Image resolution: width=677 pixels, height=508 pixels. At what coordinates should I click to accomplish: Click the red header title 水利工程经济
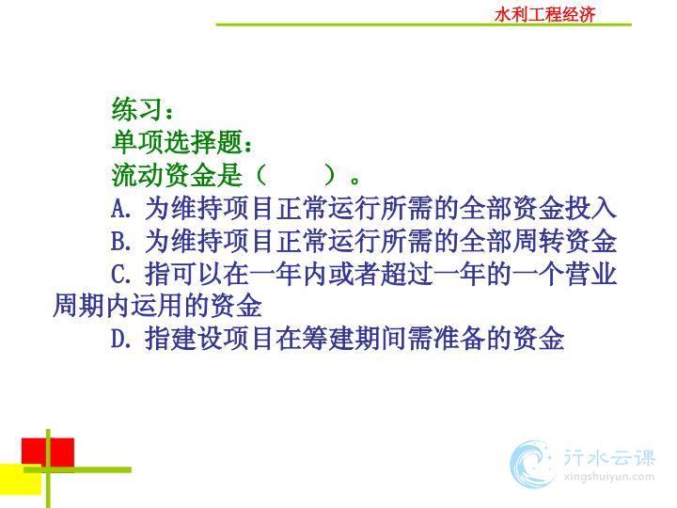point(544,14)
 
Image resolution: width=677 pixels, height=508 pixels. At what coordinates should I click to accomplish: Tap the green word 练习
point(137,108)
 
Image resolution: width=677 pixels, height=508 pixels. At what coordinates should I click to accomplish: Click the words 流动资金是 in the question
point(177,175)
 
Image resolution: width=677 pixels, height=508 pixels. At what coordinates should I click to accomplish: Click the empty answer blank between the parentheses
point(296,175)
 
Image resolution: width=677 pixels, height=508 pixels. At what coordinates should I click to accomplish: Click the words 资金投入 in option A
point(564,208)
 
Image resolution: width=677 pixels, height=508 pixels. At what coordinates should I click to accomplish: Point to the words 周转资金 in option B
point(564,241)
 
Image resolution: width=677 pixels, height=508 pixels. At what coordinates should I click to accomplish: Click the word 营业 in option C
point(590,274)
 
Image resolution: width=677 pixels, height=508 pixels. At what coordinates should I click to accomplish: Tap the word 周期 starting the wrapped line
point(79,306)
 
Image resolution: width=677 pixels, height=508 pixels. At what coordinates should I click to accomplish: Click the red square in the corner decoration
point(48,452)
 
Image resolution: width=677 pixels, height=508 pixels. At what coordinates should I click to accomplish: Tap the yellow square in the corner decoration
point(21,479)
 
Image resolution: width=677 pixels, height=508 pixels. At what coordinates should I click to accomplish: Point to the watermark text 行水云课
point(608,458)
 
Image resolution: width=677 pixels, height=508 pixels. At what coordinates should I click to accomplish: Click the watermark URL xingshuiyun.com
point(608,477)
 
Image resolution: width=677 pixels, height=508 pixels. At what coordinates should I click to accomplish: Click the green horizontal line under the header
point(423,24)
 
